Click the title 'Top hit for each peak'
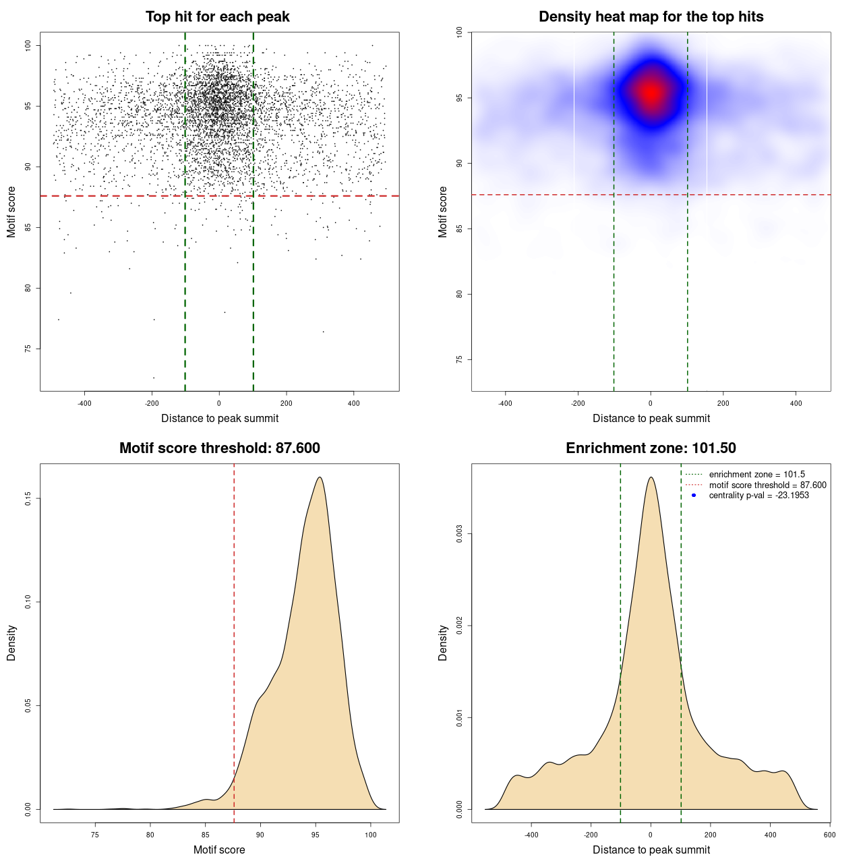coord(218,17)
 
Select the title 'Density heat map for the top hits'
coord(651,17)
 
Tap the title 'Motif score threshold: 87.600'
coord(220,448)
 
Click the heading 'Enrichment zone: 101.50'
coord(651,448)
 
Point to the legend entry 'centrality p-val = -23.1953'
coord(758,496)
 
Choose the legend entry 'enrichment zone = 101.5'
coord(756,475)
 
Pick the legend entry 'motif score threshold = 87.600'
coord(767,485)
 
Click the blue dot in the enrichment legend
coord(694,496)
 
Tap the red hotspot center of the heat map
coord(651,93)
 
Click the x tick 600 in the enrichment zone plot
coord(830,835)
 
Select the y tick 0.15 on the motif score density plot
coord(28,498)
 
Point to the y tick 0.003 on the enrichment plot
coord(460,535)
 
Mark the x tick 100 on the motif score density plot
coord(370,835)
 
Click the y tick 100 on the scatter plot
coord(28,45)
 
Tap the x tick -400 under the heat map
coord(505,403)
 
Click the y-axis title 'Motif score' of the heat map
coord(443,212)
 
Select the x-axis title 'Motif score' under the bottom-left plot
coord(219,850)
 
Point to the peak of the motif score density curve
coord(320,477)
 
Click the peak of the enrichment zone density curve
coord(651,477)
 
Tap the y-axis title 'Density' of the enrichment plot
coord(443,643)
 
